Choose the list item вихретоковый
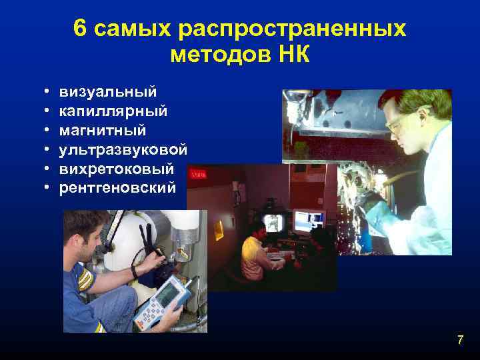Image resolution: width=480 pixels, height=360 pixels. click(x=116, y=168)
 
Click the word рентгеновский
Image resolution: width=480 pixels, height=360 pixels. click(x=118, y=187)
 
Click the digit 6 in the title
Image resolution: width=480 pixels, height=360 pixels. click(x=81, y=29)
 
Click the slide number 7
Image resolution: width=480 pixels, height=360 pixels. click(x=460, y=341)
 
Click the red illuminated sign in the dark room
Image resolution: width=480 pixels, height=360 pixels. click(x=197, y=174)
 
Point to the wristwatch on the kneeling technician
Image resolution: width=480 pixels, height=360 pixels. click(x=135, y=271)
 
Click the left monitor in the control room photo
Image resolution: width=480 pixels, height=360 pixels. click(x=275, y=223)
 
